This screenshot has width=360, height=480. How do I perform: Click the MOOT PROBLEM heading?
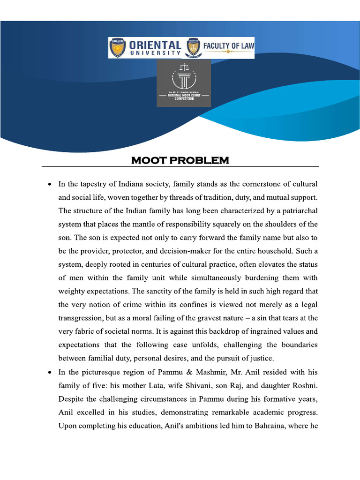pos(180,161)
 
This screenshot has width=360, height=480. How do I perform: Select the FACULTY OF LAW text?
pos(228,46)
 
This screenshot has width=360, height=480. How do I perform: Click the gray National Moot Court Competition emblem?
pos(184,86)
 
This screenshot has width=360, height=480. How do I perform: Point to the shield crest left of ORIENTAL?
pos(118,48)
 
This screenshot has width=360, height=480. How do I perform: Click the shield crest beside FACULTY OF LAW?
pos(193,48)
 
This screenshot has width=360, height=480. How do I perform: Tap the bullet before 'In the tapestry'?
pos(50,184)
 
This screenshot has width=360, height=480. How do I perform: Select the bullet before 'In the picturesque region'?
pos(50,373)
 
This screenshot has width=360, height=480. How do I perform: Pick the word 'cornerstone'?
pos(251,184)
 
